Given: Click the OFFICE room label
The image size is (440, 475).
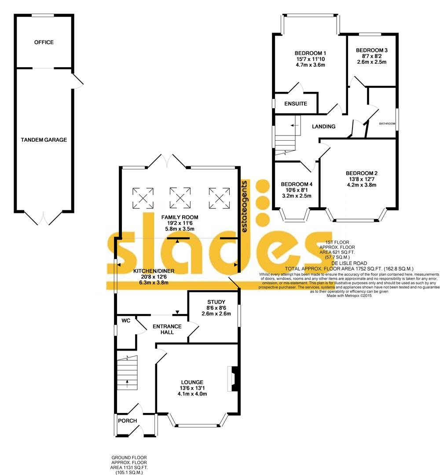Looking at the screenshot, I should (44, 42).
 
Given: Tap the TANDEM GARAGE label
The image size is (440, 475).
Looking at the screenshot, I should (44, 140).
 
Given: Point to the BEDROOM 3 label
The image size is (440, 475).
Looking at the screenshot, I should (372, 50).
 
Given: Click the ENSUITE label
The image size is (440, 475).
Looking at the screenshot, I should (296, 104).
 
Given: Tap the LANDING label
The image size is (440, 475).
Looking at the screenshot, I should (323, 127).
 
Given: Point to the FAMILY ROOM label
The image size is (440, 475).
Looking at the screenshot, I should (180, 217).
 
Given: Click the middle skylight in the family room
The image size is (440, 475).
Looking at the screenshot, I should (180, 196).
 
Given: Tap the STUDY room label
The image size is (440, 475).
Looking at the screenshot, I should (216, 302).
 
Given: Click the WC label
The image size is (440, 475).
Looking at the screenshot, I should (126, 321).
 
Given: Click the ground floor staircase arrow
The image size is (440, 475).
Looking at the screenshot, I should (127, 382).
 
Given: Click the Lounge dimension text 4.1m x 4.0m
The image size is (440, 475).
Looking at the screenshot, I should (192, 394).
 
